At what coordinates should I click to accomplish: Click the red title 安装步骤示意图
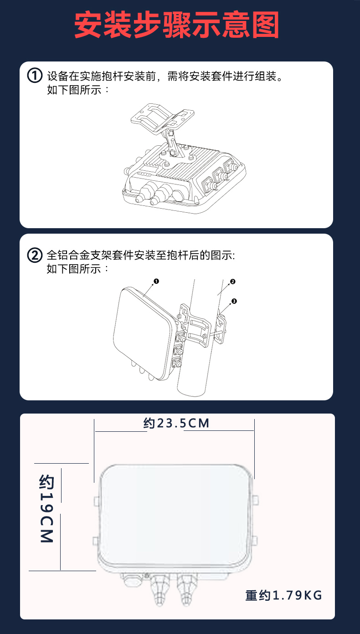click(x=177, y=25)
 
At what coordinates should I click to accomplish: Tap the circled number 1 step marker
click(x=35, y=76)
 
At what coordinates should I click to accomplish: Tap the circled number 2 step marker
click(x=35, y=255)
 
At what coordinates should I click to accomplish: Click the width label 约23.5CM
click(x=176, y=424)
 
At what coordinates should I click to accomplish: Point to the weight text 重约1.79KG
click(x=283, y=595)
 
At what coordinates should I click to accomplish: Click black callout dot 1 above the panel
click(x=156, y=281)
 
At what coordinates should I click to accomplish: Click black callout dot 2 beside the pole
click(x=232, y=281)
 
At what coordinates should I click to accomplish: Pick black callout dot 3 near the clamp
click(x=234, y=301)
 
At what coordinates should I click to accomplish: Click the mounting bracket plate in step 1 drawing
click(x=162, y=117)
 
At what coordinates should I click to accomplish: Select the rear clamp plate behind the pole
click(x=221, y=328)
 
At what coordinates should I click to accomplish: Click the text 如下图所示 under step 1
click(x=74, y=90)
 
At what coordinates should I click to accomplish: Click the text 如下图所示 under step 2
click(x=74, y=269)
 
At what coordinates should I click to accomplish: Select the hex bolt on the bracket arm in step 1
click(x=171, y=133)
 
